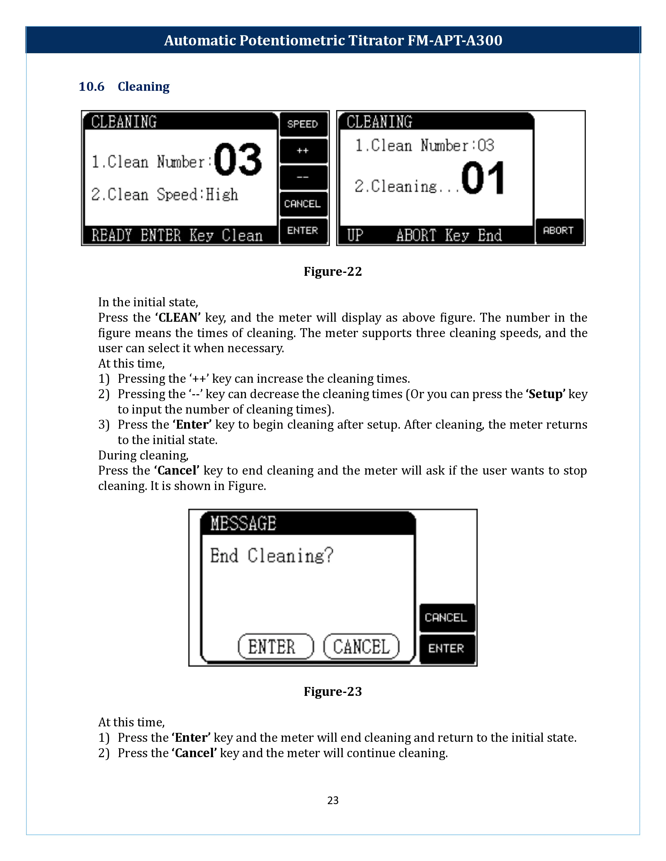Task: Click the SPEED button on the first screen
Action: point(303,124)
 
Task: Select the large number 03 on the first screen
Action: point(238,160)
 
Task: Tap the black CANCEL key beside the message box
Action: point(446,618)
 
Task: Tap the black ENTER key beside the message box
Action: point(446,649)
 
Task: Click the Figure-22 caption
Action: point(332,272)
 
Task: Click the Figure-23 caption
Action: point(332,692)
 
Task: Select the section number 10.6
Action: point(91,87)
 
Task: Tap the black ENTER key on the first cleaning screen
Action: point(303,231)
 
